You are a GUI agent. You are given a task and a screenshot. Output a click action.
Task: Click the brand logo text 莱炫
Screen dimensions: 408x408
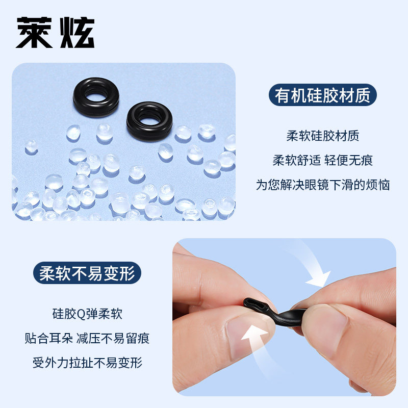pos(55,33)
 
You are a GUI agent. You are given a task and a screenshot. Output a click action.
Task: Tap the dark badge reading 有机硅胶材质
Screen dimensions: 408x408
pos(322,95)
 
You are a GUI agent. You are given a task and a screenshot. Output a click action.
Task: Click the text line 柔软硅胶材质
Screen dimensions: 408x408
pos(322,136)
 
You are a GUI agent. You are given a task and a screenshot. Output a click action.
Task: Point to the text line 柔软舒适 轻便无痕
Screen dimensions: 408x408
pos(322,160)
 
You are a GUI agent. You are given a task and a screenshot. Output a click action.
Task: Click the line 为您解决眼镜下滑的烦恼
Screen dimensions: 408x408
pos(322,185)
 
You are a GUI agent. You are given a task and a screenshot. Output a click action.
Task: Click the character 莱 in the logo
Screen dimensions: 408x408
pos(34,33)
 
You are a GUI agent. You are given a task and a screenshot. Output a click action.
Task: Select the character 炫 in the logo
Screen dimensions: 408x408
pos(76,33)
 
